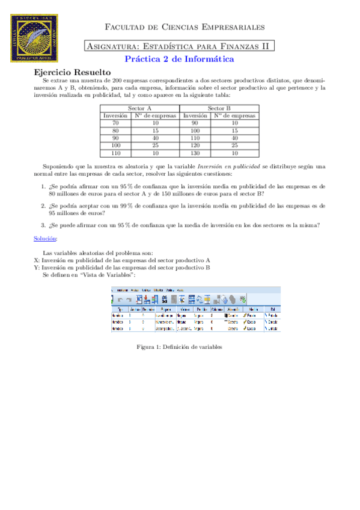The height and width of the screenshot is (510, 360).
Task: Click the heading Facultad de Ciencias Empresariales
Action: click(x=185, y=27)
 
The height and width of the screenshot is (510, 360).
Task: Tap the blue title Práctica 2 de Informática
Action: click(x=179, y=59)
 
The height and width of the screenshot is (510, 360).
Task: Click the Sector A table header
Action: click(x=139, y=108)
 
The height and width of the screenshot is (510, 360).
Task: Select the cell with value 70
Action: click(x=115, y=122)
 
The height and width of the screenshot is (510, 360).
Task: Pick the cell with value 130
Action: click(x=195, y=153)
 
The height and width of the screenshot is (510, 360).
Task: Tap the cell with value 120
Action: click(x=195, y=145)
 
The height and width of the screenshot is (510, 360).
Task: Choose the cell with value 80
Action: click(x=115, y=130)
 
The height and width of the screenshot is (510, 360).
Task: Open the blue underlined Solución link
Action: click(x=46, y=238)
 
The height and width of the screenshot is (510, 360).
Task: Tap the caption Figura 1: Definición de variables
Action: click(x=180, y=347)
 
